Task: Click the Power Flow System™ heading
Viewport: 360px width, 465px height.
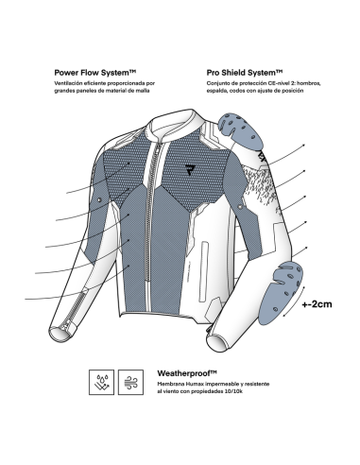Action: (95, 73)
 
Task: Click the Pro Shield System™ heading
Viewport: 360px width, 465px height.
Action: (245, 73)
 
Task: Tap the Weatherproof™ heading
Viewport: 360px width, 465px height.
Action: (187, 373)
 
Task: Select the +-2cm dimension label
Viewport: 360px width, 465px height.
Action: (317, 304)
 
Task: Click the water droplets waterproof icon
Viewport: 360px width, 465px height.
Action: (101, 382)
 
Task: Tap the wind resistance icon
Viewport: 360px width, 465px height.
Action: (130, 382)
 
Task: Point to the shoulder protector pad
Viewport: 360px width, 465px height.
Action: (241, 131)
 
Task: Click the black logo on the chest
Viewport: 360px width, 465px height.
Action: (189, 169)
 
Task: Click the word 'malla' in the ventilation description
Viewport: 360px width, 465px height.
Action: (144, 91)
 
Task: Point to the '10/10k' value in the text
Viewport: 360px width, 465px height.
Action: (234, 391)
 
